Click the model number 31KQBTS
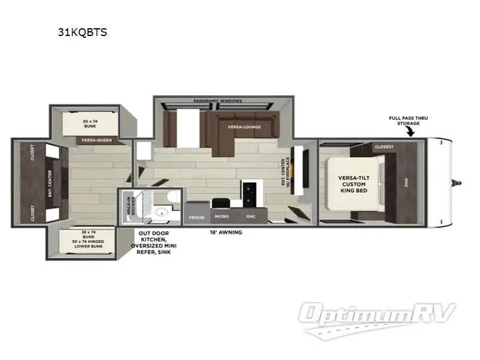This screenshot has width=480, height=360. (82, 32)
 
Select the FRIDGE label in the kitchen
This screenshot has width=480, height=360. (196, 217)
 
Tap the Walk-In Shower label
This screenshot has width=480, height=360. (128, 207)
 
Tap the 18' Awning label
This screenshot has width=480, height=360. (226, 232)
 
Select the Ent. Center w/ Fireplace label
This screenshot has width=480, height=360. (286, 172)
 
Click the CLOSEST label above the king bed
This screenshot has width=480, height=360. (384, 146)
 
